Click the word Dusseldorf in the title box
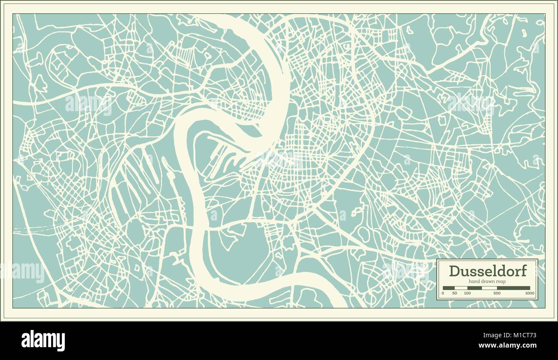click(487, 271)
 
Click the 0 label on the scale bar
click(443, 293)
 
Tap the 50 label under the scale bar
click(455, 293)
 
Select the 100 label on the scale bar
click(467, 293)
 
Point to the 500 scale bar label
click(497, 293)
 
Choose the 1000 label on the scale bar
click(530, 293)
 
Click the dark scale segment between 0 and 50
click(449, 288)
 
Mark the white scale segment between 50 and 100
click(461, 288)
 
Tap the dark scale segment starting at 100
click(474, 288)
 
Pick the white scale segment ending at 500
click(489, 288)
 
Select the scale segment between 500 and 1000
click(513, 288)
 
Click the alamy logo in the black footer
click(43, 341)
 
